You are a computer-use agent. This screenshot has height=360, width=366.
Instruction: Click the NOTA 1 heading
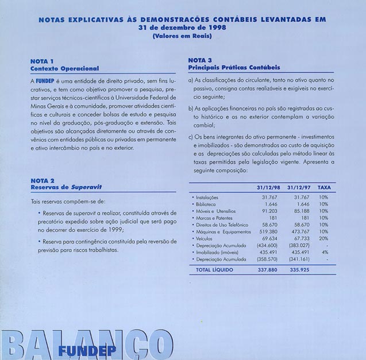tap(43, 61)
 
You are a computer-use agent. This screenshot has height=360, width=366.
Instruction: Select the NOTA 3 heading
tap(201, 60)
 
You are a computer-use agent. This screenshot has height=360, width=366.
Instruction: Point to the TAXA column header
tap(324, 187)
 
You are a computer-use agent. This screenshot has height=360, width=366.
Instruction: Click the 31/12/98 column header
tap(267, 187)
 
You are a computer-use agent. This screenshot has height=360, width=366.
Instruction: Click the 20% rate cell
tap(323, 238)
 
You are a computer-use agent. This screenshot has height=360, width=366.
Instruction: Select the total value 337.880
tap(268, 269)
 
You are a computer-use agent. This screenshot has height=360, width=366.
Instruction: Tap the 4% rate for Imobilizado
tap(325, 252)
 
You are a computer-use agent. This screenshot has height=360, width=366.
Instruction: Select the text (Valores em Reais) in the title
tap(182, 36)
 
